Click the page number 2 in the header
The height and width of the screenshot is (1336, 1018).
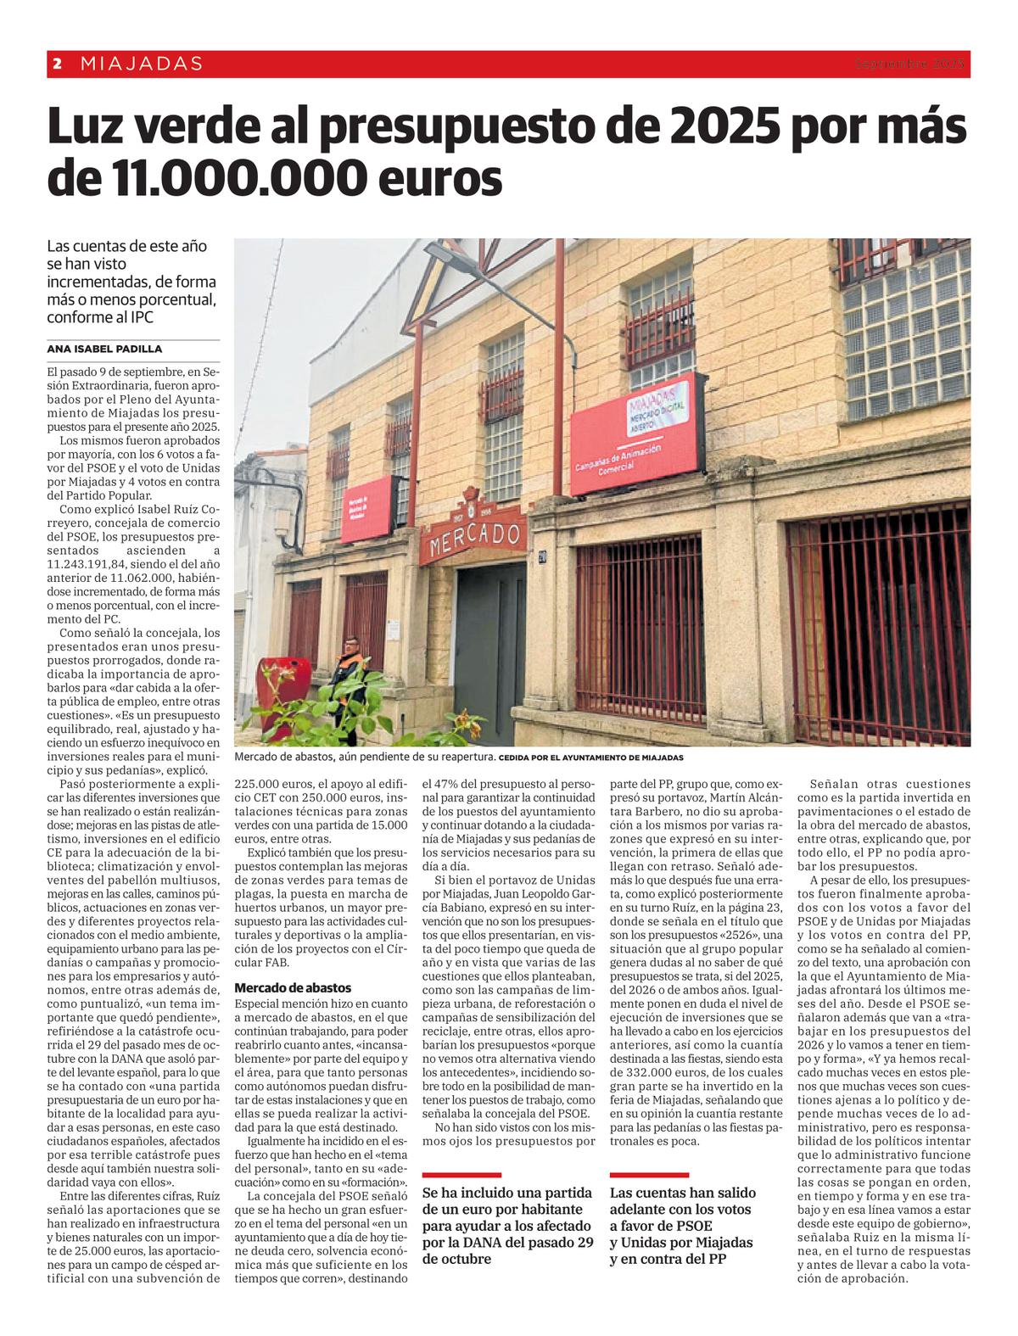click(57, 64)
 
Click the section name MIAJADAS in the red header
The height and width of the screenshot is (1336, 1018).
click(142, 64)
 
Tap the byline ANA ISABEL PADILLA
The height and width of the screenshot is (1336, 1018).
click(105, 349)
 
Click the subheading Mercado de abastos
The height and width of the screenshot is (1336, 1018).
click(293, 987)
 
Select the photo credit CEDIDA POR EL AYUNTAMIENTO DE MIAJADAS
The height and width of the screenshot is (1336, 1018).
click(591, 757)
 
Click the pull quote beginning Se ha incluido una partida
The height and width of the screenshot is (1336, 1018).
click(507, 1225)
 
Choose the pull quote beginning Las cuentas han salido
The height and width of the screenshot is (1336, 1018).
click(682, 1225)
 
